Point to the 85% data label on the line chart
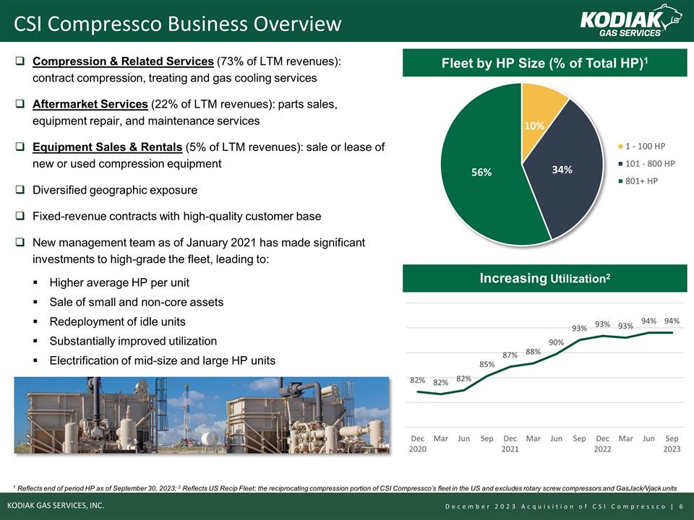coord(487,364)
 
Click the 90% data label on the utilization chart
coord(556,342)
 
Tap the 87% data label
coord(510,355)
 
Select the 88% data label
coord(533,352)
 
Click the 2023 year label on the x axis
coord(672,449)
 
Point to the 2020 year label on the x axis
coord(418,449)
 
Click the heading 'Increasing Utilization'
coord(544,278)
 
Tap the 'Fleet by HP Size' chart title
coord(544,63)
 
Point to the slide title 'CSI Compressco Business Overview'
coord(178,24)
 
